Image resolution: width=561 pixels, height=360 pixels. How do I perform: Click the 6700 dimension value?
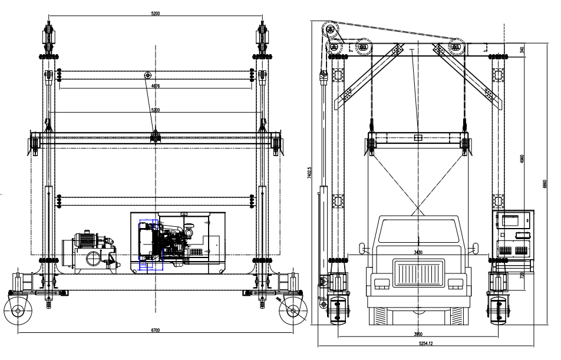(x=156, y=330)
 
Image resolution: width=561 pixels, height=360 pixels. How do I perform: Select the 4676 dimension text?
(x=156, y=86)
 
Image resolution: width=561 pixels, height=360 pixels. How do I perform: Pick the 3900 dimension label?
(x=417, y=334)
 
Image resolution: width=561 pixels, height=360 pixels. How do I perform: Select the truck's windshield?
(x=418, y=231)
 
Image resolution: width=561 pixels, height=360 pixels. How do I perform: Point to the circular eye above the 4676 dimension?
(x=148, y=75)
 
